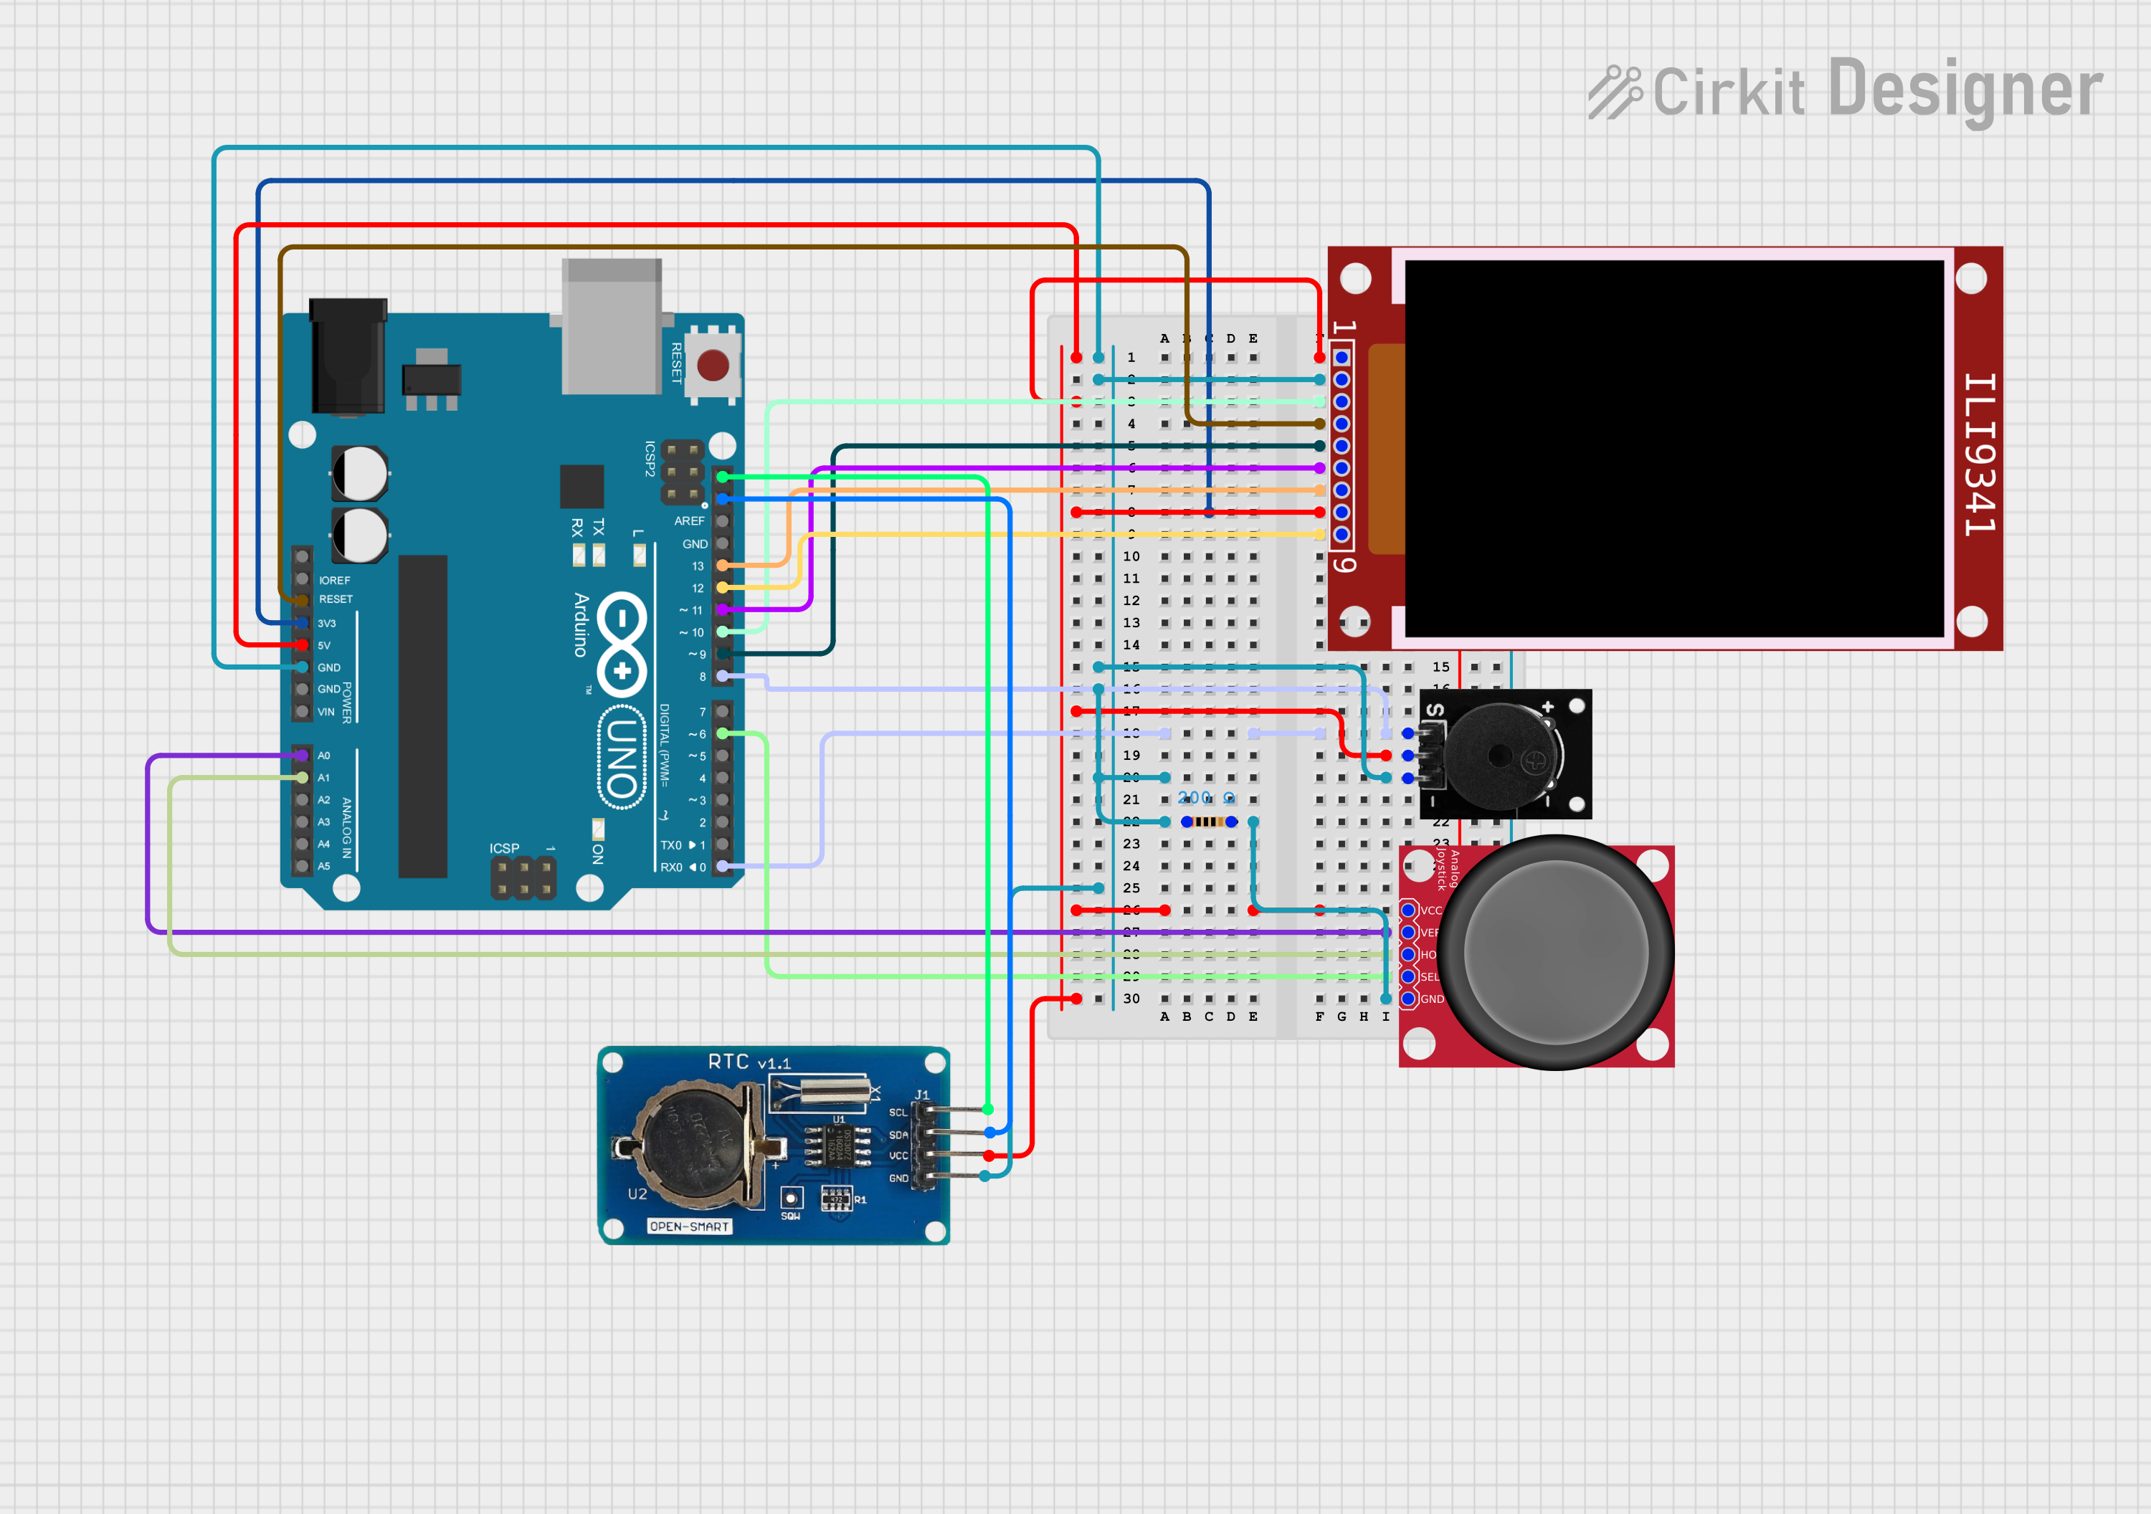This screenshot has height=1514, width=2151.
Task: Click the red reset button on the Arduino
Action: [x=713, y=366]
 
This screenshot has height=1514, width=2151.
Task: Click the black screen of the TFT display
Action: [x=1673, y=448]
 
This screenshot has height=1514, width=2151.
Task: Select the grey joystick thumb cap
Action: [x=1555, y=952]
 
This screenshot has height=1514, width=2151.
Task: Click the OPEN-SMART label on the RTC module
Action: [x=690, y=1227]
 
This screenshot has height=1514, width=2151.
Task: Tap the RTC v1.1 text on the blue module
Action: [x=749, y=1062]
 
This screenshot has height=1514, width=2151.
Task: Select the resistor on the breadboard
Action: [x=1210, y=822]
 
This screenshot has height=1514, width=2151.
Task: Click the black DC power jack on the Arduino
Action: [x=348, y=356]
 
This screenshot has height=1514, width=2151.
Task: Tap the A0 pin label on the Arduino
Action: [x=324, y=755]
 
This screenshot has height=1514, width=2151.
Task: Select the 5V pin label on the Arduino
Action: [x=324, y=645]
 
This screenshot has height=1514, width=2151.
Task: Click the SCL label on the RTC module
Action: [x=898, y=1112]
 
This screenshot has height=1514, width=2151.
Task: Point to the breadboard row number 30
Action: [x=1131, y=999]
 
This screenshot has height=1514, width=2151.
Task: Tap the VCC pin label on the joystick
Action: [x=1430, y=910]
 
